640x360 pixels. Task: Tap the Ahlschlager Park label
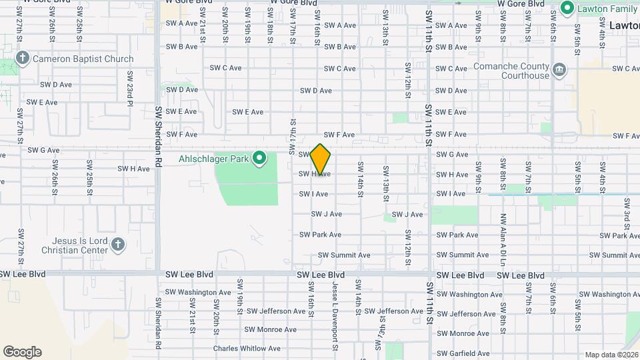coord(213,159)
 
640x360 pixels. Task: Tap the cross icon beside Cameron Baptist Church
coord(22,59)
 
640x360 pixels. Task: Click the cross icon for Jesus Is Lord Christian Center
coord(118,245)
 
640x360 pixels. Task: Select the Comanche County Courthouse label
coord(511,71)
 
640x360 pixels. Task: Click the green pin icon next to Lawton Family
coord(567,9)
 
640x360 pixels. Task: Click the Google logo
coord(22,352)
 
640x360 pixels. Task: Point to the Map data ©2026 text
coord(611,355)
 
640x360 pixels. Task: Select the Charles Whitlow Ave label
coord(247,348)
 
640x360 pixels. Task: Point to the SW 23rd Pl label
coord(131,91)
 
